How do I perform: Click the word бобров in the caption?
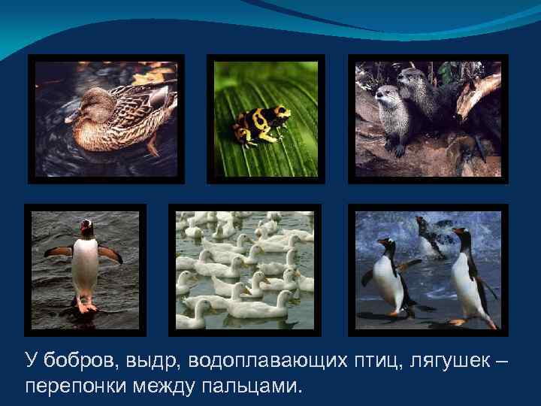76,362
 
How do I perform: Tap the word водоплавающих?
260,362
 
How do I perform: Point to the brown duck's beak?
72,117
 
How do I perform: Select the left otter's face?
388,98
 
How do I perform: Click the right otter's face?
413,79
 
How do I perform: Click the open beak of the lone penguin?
87,224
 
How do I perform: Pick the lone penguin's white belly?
85,267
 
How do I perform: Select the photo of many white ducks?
244,270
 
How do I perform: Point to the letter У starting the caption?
30,362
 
